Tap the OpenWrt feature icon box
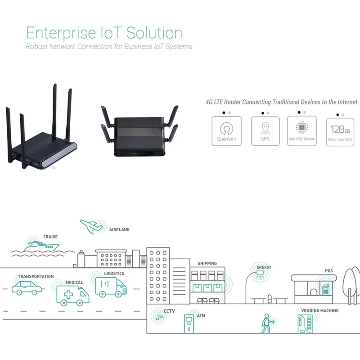coord(226,131)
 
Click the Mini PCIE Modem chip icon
coord(302,126)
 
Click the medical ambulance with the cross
coord(72,294)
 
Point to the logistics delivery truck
coord(111,287)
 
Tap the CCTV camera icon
coord(159,316)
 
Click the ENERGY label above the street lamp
coord(264,267)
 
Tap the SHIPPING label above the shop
coord(207,263)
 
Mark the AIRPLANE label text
coord(119,229)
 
